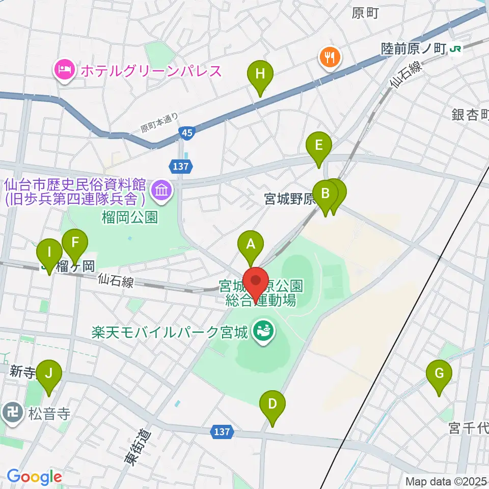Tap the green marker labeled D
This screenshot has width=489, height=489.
[272, 404]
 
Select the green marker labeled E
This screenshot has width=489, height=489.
[319, 145]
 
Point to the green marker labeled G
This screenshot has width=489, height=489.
[439, 374]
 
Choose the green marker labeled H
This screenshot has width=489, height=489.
[260, 74]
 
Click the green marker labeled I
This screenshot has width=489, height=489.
[49, 252]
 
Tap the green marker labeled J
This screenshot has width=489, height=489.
[49, 373]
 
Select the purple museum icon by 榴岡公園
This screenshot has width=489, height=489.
[162, 191]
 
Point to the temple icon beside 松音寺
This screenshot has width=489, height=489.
[12, 412]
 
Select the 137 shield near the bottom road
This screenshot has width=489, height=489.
[222, 432]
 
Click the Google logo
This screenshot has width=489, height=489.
[34, 477]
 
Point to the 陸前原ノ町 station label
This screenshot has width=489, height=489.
[414, 49]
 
